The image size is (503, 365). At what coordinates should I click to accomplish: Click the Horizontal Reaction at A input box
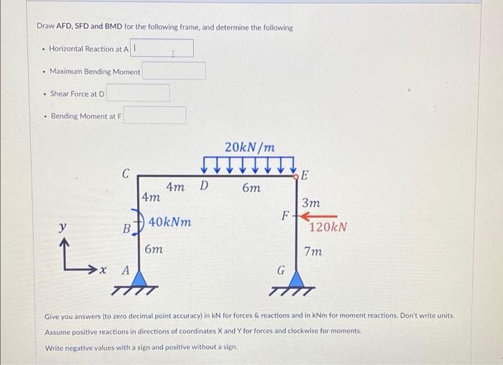click(162, 48)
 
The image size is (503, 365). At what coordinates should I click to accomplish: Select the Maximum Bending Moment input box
click(173, 71)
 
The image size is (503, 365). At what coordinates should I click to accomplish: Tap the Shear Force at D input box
click(138, 93)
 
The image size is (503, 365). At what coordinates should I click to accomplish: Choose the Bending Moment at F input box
click(154, 116)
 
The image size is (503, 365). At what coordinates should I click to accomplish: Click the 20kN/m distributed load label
click(249, 147)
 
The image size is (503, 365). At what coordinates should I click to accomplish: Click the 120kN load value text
click(328, 227)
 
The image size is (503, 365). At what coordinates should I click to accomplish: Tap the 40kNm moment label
click(170, 222)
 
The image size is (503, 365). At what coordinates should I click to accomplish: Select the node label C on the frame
click(126, 173)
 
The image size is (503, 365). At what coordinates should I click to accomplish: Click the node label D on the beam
click(203, 186)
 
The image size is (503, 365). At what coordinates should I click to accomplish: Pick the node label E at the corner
click(304, 175)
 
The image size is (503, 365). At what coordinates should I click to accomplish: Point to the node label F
click(285, 215)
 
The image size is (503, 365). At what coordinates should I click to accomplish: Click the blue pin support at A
click(139, 276)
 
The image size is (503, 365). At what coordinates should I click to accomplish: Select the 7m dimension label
click(313, 252)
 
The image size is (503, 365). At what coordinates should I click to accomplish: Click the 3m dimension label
click(311, 203)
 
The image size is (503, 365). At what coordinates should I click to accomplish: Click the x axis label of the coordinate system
click(103, 272)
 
